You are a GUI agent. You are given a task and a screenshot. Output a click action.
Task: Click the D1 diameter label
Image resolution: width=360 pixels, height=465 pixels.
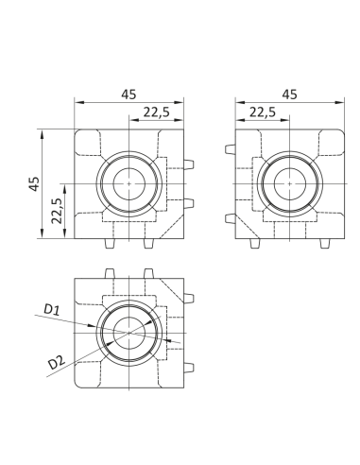tap(52, 309)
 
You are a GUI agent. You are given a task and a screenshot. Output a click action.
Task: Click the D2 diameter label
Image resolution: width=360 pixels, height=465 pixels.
tap(57, 362)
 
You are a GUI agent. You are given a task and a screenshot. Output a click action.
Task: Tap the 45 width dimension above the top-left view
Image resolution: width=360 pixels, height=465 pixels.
tap(129, 95)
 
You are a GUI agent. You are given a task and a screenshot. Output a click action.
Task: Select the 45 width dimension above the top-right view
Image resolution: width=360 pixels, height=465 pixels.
tap(290, 95)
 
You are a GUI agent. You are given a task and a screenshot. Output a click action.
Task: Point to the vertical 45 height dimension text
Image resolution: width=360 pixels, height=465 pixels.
tap(34, 183)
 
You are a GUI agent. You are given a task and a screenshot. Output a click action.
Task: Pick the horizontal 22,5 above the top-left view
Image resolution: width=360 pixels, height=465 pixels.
tap(157, 112)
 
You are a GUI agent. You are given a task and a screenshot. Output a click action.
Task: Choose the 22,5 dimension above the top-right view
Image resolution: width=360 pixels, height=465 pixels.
tap(263, 112)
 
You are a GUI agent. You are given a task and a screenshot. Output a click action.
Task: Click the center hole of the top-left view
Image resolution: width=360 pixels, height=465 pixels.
tap(129, 183)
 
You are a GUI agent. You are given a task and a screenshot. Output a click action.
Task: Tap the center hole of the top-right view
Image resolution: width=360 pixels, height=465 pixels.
tap(290, 183)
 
